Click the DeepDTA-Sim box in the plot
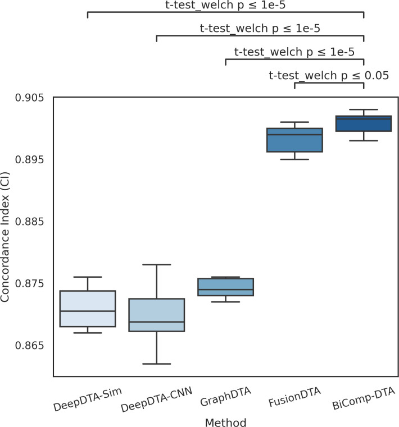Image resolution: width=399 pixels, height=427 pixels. point(87,309)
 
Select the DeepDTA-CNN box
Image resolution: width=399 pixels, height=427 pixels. point(156,315)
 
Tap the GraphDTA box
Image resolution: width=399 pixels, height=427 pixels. point(225,287)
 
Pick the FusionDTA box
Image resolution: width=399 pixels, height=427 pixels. point(294,140)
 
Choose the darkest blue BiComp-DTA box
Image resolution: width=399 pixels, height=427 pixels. point(364,123)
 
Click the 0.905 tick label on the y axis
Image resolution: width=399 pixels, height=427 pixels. point(29,98)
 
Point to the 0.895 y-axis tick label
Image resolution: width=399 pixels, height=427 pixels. point(29,160)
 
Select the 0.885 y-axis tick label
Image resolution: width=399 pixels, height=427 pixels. point(29,222)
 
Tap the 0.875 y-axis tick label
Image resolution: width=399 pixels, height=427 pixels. point(29,284)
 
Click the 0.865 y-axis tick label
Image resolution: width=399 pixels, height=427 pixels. point(29,346)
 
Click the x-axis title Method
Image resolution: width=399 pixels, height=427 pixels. point(225,420)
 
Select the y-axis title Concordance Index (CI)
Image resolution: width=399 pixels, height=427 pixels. point(6,236)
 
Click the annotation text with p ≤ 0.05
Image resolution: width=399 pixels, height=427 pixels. point(329,76)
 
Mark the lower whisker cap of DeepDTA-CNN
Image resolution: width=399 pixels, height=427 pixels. point(156,364)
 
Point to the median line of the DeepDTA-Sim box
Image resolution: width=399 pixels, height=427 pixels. point(87,311)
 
